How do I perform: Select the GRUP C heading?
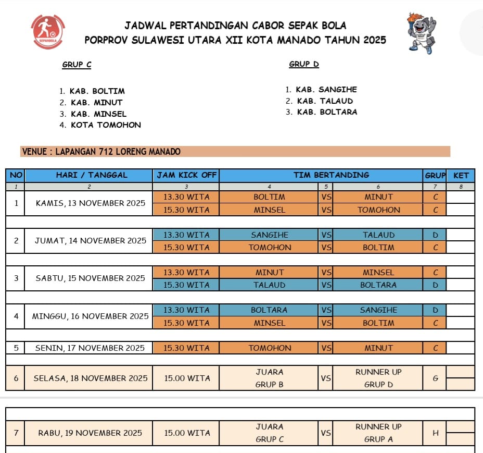[77, 65]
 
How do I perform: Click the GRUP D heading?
[304, 64]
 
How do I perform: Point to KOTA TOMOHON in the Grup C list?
[106, 125]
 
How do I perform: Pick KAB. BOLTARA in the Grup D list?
[327, 112]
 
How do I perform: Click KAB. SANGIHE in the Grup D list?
[326, 90]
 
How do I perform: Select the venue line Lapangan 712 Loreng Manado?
[101, 152]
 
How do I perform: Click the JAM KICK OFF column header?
[186, 175]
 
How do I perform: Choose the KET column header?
[461, 176]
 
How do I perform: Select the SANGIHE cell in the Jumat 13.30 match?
[269, 235]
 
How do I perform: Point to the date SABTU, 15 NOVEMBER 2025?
[90, 278]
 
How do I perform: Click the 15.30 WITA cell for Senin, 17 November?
[186, 348]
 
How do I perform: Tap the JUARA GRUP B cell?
[269, 378]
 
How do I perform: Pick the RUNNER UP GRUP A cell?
[378, 433]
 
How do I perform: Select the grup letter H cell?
[436, 433]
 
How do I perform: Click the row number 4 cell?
[16, 316]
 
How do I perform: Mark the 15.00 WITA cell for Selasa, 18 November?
[186, 378]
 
